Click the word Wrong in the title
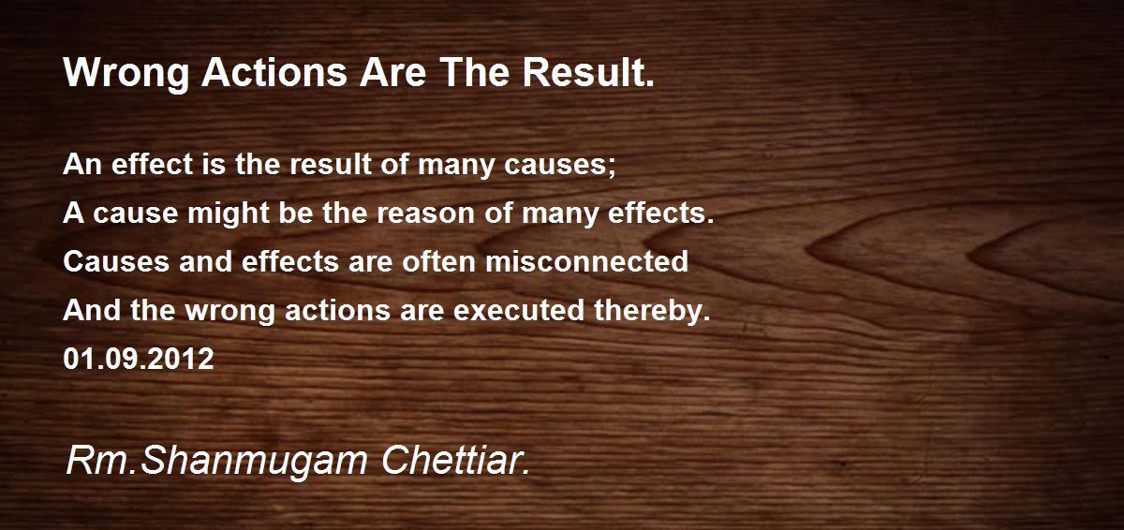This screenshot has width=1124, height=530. (126, 74)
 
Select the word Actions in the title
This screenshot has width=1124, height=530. (274, 72)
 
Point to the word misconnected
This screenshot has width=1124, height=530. (586, 261)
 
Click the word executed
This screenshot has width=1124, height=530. (519, 310)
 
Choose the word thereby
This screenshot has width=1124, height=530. (652, 312)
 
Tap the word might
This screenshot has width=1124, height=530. (229, 214)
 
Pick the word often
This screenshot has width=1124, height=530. (438, 261)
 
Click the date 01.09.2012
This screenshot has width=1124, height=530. (139, 359)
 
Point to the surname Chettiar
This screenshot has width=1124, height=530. (455, 461)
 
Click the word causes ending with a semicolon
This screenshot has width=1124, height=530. (559, 166)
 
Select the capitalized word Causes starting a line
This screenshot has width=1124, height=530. (116, 261)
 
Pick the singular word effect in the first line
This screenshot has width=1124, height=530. (152, 165)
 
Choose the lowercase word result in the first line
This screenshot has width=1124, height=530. (331, 165)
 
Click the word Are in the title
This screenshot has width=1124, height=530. (392, 72)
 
